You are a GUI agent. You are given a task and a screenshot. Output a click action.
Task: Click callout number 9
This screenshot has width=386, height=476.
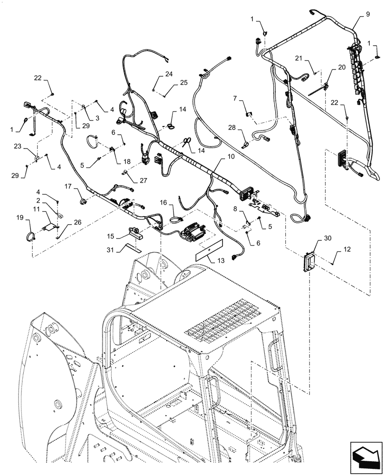click(367, 14)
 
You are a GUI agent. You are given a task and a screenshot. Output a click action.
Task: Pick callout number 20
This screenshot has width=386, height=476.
click(342, 68)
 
